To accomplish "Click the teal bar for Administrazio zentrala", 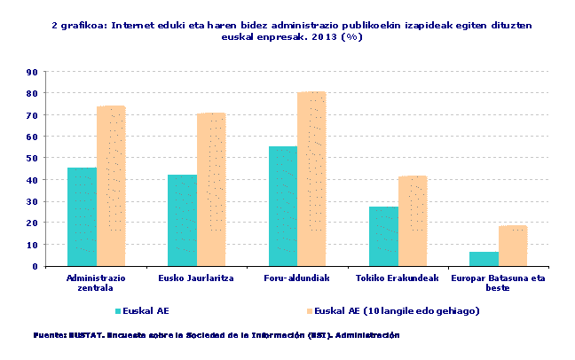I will click(x=82, y=216).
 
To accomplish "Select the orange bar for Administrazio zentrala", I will click(x=111, y=186).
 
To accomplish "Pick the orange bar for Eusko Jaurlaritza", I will click(x=211, y=190).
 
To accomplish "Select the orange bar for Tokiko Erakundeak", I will click(x=413, y=221).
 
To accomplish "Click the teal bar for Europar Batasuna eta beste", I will click(x=484, y=259).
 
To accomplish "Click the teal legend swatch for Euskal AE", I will click(x=120, y=311).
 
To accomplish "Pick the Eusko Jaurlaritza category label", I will click(x=196, y=278).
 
